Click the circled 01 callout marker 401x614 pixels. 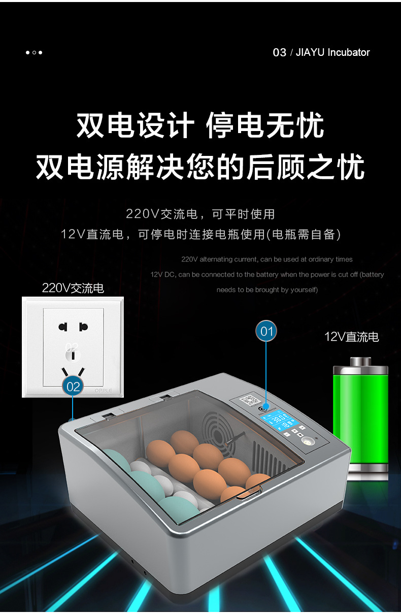[x=266, y=332]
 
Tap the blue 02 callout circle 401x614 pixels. [x=73, y=386]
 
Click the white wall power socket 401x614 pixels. [x=73, y=347]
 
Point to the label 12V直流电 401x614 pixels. [x=351, y=337]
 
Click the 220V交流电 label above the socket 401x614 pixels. [x=73, y=288]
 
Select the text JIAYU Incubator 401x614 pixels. [x=332, y=52]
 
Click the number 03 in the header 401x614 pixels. [x=279, y=52]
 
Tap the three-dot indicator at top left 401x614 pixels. [x=34, y=52]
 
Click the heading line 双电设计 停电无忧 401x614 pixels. [x=200, y=126]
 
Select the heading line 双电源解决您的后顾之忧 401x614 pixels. [x=200, y=167]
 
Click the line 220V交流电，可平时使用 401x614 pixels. [x=200, y=214]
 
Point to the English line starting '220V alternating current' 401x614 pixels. [x=266, y=259]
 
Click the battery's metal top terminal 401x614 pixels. [x=360, y=362]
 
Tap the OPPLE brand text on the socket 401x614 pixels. [x=103, y=390]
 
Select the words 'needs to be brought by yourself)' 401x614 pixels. [x=267, y=289]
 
